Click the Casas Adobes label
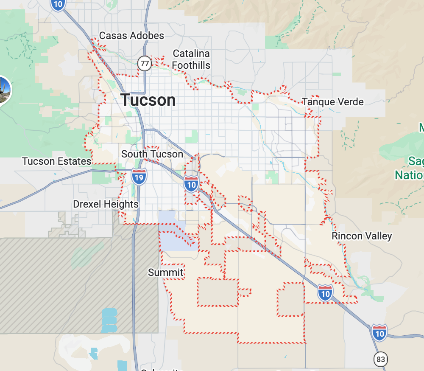pos(131,36)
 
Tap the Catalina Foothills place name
pos(192,59)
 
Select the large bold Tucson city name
pos(148,100)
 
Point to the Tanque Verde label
pos(333,102)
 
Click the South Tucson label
pos(152,154)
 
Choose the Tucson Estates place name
pos(56,161)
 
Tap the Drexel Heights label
pos(106,204)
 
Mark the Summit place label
pos(166,272)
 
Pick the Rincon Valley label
pos(362,236)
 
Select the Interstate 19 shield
pos(139,176)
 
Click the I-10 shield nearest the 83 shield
pos(379,332)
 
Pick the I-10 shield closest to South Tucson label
pos(192,183)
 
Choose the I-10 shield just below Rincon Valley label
pos(325,292)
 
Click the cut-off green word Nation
pos(410,175)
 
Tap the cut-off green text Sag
pos(416,161)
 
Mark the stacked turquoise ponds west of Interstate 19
pos(109,320)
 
